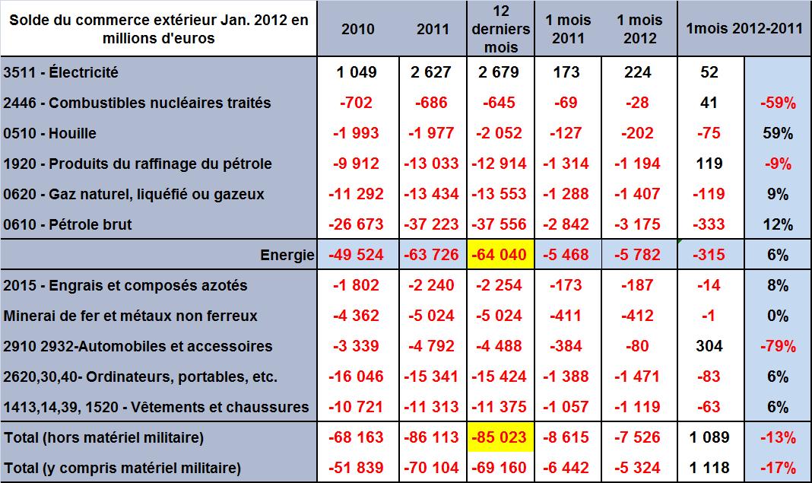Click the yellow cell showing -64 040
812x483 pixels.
pos(500,255)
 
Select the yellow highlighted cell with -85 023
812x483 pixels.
pos(500,437)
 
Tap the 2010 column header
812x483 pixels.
pos(357,30)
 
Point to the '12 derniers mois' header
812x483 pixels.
pos(500,29)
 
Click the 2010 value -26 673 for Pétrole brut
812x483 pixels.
pos(357,224)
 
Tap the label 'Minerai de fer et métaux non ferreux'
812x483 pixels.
pos(131,316)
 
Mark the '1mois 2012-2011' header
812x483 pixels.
pos(744,29)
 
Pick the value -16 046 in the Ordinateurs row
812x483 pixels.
pos(357,377)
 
